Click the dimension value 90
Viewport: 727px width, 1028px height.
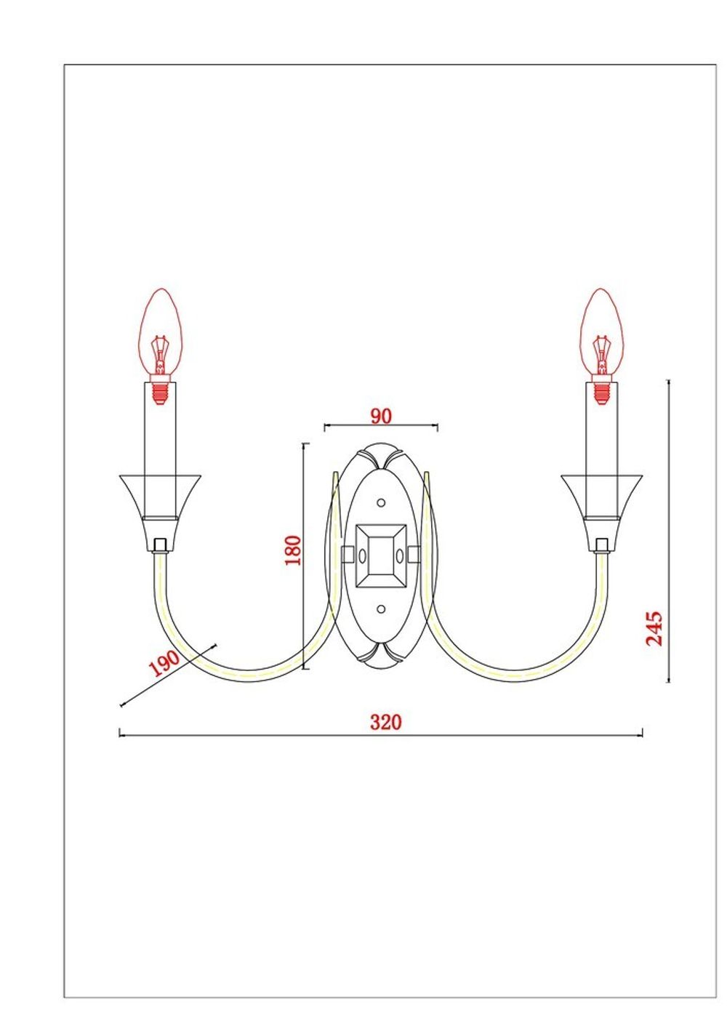point(381,416)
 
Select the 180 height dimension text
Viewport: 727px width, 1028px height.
point(292,550)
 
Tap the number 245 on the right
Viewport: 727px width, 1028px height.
point(654,628)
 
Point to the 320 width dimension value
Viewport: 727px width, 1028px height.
point(385,722)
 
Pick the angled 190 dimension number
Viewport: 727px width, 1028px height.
point(164,662)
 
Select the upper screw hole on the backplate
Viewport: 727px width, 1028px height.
point(380,502)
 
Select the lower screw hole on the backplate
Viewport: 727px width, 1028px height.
point(380,609)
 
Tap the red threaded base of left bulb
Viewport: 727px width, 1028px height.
point(160,393)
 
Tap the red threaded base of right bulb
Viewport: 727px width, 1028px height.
point(601,393)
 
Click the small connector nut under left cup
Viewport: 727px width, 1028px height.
point(160,544)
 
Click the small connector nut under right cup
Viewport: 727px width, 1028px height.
point(601,544)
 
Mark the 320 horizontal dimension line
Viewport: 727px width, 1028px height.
point(509,735)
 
